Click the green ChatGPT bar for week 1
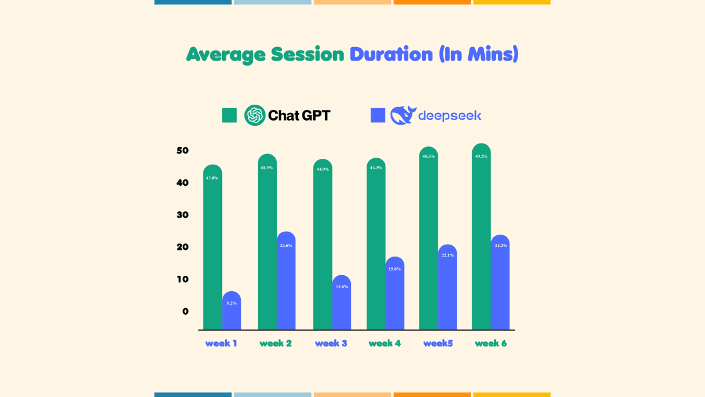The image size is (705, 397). pyautogui.click(x=213, y=247)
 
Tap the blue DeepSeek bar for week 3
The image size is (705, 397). pyautogui.click(x=341, y=302)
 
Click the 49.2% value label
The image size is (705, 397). pyautogui.click(x=481, y=156)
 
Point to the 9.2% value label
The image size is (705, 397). pyautogui.click(x=231, y=303)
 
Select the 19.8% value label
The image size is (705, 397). pyautogui.click(x=394, y=269)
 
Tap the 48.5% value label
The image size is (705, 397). pyautogui.click(x=428, y=156)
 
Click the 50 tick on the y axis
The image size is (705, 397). pyautogui.click(x=183, y=151)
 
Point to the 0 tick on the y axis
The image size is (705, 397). pyautogui.click(x=186, y=311)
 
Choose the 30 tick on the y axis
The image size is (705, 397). pyautogui.click(x=183, y=215)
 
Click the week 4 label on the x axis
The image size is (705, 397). pyautogui.click(x=385, y=343)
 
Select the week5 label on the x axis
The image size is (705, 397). pyautogui.click(x=438, y=343)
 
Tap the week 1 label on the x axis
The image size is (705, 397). pyautogui.click(x=221, y=343)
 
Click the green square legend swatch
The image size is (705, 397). pyautogui.click(x=229, y=115)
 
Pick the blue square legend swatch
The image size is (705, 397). pyautogui.click(x=378, y=115)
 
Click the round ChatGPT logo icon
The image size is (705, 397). pyautogui.click(x=255, y=115)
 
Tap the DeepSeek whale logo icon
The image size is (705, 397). pyautogui.click(x=402, y=115)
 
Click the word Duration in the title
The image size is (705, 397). pyautogui.click(x=391, y=54)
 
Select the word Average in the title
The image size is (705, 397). pyautogui.click(x=226, y=55)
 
